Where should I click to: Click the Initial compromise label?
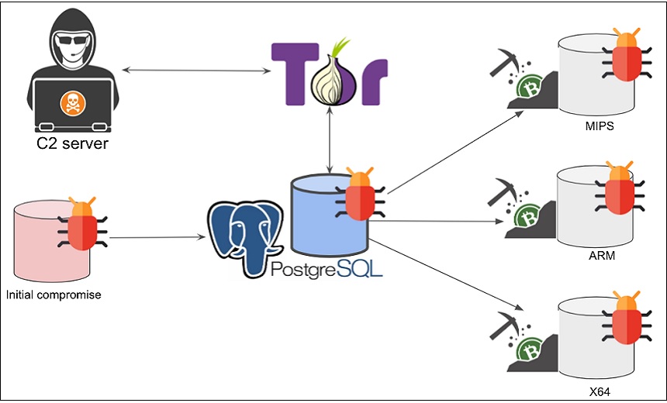click(x=54, y=295)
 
